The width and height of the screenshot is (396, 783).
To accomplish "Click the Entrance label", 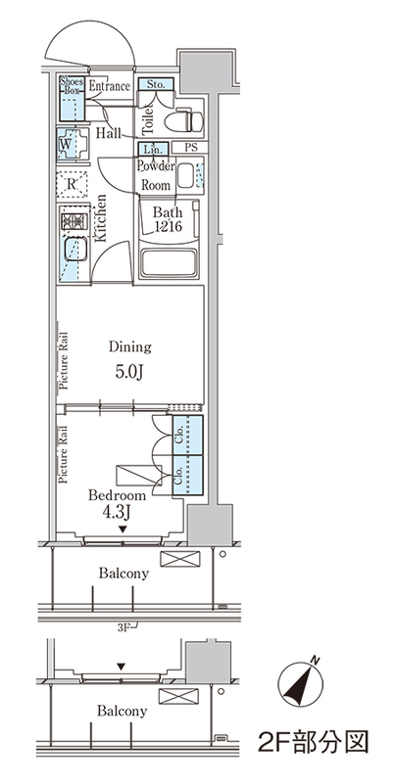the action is tap(110, 86).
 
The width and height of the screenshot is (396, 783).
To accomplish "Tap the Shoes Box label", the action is tap(72, 85).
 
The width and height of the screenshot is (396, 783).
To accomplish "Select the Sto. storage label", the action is tap(156, 84).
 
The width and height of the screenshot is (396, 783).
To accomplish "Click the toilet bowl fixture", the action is tap(184, 120).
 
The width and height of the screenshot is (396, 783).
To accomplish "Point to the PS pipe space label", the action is tap(190, 148).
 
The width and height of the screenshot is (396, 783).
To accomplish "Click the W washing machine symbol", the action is tap(65, 144).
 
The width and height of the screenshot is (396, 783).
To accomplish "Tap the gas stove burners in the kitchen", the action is tap(74, 221).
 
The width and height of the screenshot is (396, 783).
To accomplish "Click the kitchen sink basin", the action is tap(74, 250).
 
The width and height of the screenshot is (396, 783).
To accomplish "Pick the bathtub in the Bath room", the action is tap(167, 261).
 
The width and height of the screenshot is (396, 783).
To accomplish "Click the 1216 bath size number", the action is tap(167, 226).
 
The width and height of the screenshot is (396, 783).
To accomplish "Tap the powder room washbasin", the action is tap(185, 174).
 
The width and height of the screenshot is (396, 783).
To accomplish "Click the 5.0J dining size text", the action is tap(129, 373).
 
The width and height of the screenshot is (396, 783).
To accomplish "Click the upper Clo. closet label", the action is tap(179, 435).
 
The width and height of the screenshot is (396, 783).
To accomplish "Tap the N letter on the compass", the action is tap(315, 660).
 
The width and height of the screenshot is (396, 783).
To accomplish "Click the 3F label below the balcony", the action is tap(123, 628).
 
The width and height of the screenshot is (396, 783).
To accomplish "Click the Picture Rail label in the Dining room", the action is tap(64, 360).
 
